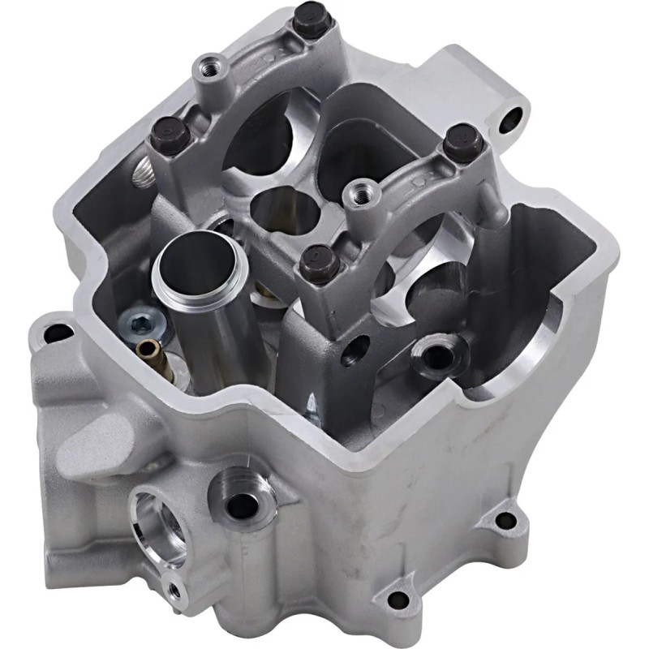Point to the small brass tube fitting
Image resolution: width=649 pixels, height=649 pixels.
[148, 350]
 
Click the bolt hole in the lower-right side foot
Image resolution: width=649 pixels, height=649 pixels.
[507, 518]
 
